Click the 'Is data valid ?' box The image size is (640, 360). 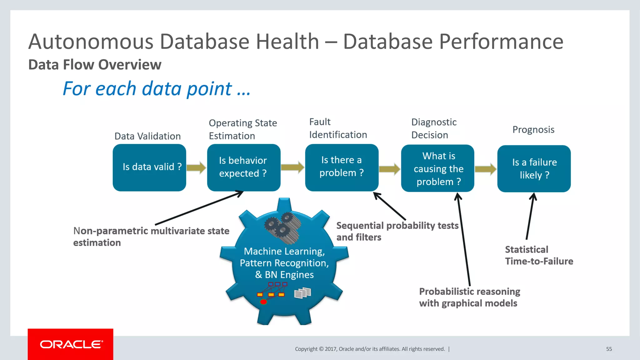click(149, 167)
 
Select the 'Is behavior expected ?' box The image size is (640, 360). click(243, 167)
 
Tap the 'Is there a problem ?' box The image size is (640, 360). click(342, 167)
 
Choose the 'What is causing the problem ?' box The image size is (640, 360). click(437, 168)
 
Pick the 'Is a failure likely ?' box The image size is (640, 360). click(534, 169)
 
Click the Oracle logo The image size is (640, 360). click(71, 344)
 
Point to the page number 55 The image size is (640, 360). click(609, 349)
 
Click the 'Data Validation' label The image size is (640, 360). click(147, 136)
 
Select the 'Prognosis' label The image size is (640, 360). click(533, 130)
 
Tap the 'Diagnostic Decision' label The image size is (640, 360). click(434, 128)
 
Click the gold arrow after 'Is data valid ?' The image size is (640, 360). click(196, 167)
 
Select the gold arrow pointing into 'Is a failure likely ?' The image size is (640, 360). click(485, 169)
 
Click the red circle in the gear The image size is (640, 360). click(263, 302)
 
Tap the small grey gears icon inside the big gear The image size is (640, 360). click(282, 227)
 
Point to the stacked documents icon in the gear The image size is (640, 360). click(302, 293)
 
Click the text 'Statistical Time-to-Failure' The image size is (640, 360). click(539, 255)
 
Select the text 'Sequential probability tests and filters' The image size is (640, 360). click(397, 231)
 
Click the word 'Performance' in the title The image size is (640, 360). click(501, 42)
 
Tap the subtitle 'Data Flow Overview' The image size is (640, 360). click(95, 65)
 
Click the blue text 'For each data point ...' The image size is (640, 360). click(156, 89)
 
